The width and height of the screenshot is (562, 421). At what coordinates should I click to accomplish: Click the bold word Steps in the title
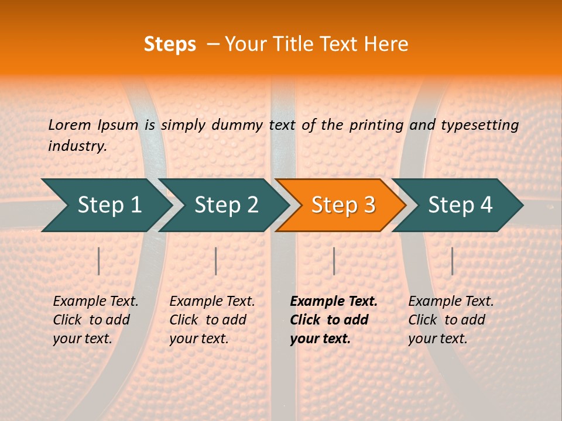tap(170, 44)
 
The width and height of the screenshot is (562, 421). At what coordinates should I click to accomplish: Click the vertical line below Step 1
tap(99, 261)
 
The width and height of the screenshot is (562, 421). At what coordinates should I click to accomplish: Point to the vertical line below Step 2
tap(216, 261)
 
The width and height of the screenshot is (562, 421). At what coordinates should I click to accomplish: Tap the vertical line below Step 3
tap(334, 261)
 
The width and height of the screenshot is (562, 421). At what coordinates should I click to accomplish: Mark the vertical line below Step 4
tap(452, 261)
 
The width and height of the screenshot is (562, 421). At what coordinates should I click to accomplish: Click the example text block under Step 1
tap(95, 320)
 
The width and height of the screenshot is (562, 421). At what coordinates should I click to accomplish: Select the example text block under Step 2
tap(212, 320)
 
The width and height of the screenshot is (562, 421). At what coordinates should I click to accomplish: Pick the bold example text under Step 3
tap(333, 320)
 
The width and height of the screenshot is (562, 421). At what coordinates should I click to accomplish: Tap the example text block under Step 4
tap(451, 320)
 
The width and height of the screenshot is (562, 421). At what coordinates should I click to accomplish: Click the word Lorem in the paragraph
tap(70, 125)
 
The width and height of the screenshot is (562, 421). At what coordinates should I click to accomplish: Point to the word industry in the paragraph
tap(77, 146)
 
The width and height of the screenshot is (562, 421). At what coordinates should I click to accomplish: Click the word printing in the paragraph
tap(376, 125)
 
